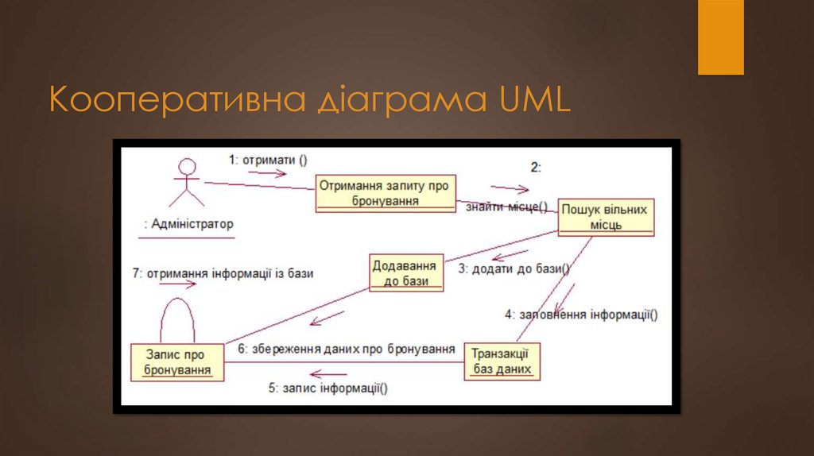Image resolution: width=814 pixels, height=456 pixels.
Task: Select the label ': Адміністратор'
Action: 188,224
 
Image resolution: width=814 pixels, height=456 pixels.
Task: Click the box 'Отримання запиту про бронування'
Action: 386,193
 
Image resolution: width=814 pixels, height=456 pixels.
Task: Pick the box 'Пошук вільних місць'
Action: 605,217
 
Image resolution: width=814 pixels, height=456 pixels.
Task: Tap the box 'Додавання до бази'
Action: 405,272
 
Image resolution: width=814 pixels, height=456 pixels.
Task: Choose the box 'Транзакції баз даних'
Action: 501,361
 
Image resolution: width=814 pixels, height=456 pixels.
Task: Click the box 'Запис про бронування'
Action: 177,361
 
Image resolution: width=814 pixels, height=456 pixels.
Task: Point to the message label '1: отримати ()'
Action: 267,159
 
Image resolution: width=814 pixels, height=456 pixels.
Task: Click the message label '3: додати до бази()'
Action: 514,269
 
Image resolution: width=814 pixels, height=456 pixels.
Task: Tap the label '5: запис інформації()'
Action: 328,388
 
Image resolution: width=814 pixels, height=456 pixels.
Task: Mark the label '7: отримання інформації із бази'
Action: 223,273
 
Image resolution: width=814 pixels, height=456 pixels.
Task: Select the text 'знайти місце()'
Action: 506,207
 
